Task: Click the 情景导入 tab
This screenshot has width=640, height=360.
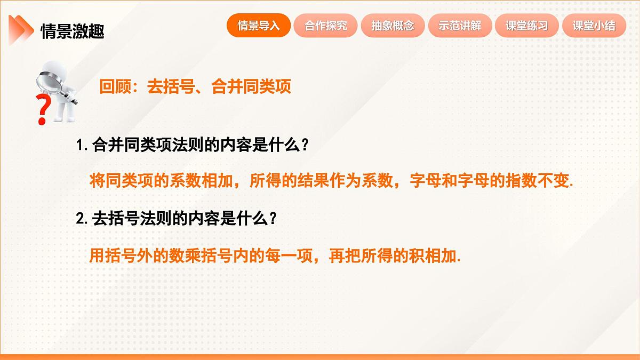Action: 259,26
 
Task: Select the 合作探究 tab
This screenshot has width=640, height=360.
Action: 326,26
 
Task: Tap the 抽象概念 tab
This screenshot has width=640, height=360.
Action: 393,26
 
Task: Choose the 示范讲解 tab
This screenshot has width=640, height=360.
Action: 460,26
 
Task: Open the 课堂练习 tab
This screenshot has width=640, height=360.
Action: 527,26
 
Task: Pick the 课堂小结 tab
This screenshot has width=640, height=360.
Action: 594,26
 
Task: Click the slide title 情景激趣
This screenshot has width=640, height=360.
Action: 73,31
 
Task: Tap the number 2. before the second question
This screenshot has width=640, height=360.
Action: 82,219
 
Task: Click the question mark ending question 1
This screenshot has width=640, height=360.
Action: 304,146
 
